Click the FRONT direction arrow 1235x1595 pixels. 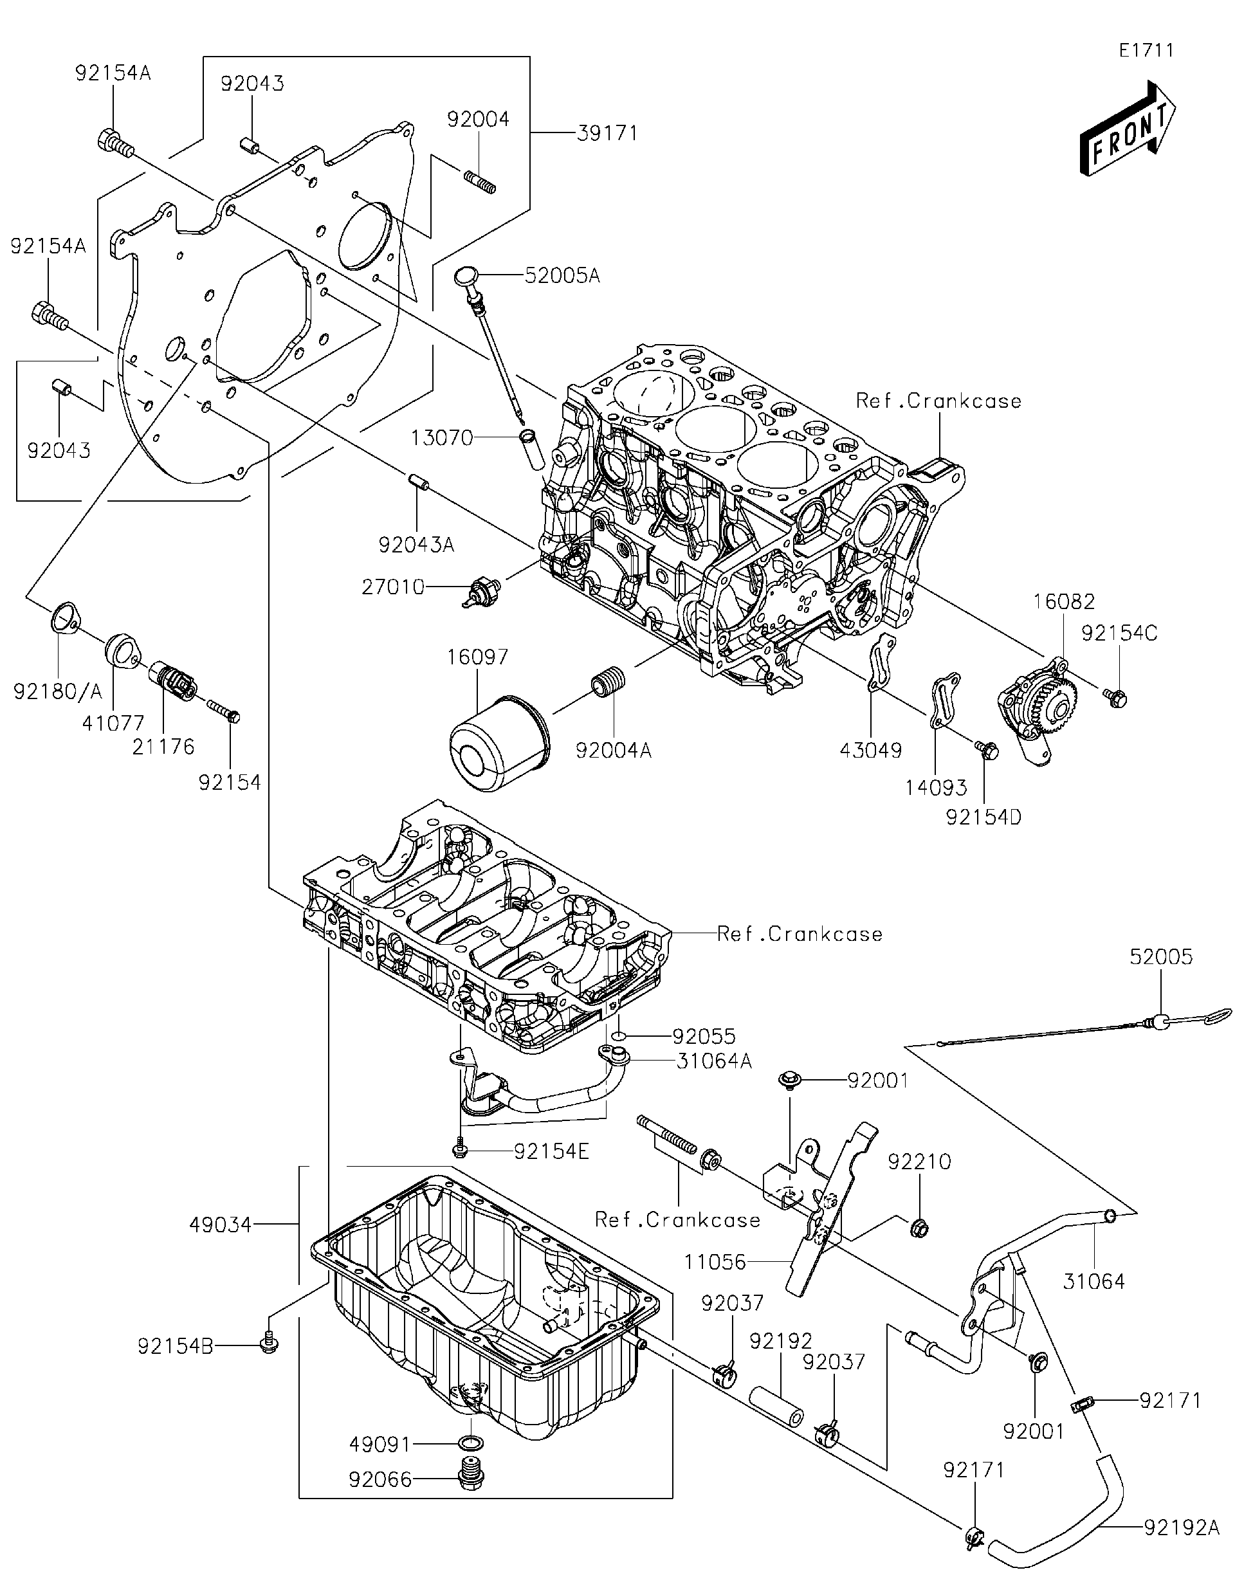point(1127,131)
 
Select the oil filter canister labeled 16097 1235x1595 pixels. point(498,743)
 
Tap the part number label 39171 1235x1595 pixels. point(607,134)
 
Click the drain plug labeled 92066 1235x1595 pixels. point(465,1478)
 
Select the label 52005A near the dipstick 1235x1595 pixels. point(562,276)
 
